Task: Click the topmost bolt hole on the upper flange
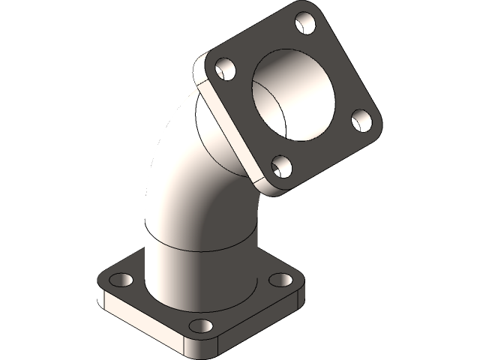[305, 24]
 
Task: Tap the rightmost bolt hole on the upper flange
[361, 120]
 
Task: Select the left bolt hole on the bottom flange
[120, 280]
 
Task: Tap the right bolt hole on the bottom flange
[280, 280]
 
